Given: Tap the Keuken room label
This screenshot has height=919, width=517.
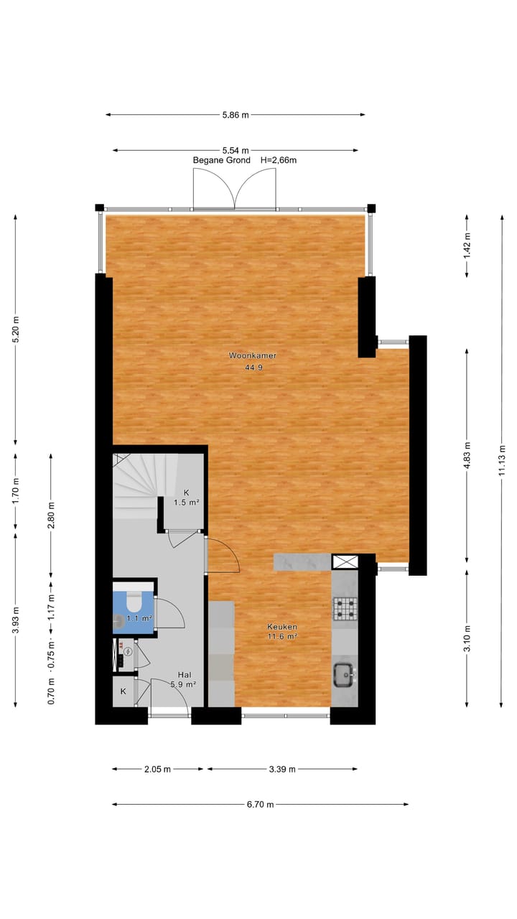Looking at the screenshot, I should pos(281,627).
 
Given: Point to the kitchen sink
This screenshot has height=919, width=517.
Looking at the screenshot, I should pos(344,673).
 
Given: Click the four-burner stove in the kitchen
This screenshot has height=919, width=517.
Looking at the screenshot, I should pos(344,609).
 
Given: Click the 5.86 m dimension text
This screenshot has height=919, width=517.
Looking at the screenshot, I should pos(236,115).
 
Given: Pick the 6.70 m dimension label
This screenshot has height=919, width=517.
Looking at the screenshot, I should pos(260,804).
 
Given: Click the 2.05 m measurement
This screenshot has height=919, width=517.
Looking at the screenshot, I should pos(157,769).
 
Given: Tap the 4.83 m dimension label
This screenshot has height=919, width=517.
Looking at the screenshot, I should pos(467,456).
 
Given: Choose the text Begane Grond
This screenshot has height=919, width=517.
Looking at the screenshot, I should pos(222,160).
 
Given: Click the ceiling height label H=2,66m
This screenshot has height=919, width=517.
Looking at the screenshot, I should pos(279,160).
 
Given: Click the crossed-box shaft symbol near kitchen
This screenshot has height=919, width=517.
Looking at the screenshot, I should pos(344,562).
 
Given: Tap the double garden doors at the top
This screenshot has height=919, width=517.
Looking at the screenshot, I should pos(236,190).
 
